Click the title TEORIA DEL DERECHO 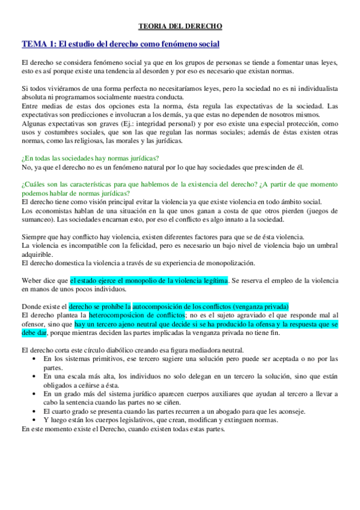180,26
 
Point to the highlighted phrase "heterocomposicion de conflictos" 136,315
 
